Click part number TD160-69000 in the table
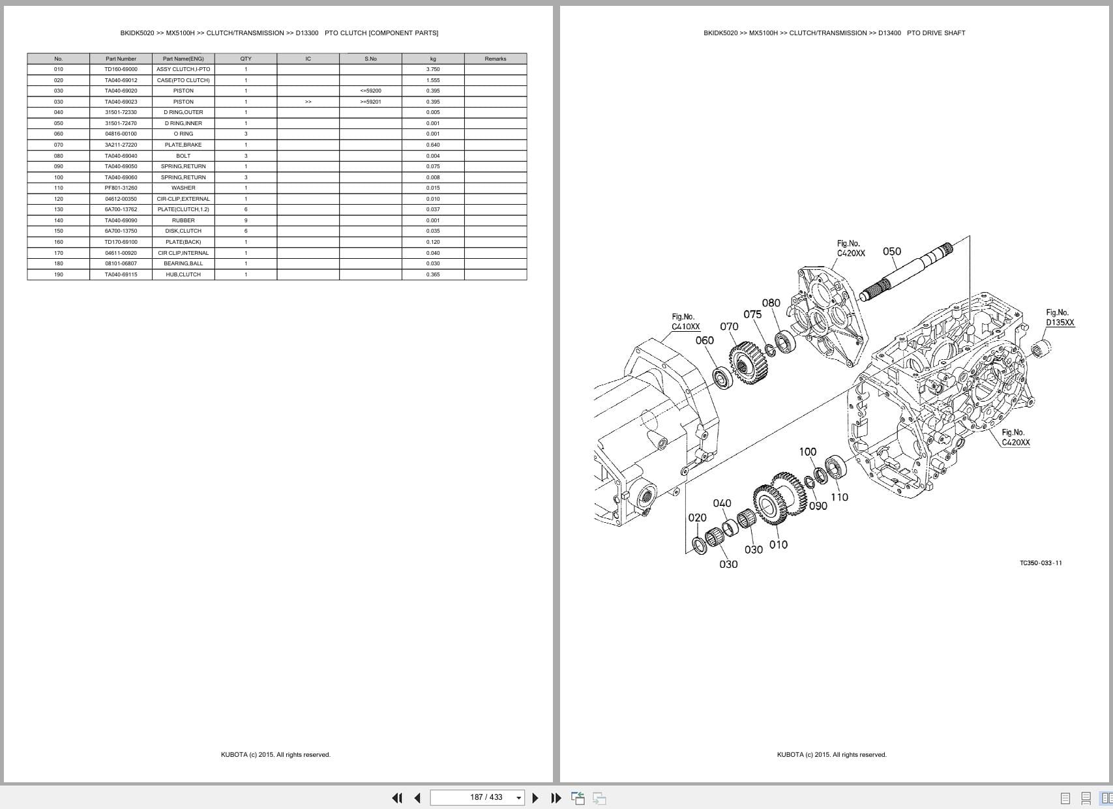[x=121, y=69]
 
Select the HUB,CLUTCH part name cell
[x=183, y=274]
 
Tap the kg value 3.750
[x=433, y=69]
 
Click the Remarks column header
[x=495, y=59]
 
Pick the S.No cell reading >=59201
[x=370, y=102]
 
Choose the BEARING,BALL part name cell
[x=183, y=263]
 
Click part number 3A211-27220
[x=121, y=145]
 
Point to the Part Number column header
[x=121, y=59]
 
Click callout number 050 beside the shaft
[x=891, y=252]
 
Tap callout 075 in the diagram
[x=752, y=314]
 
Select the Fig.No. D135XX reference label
[x=1060, y=317]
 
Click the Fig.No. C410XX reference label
[x=685, y=321]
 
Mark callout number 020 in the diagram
[x=697, y=518]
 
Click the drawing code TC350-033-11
[x=1041, y=563]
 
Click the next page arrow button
[x=535, y=798]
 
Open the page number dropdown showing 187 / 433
[x=519, y=798]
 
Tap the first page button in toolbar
[x=396, y=798]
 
